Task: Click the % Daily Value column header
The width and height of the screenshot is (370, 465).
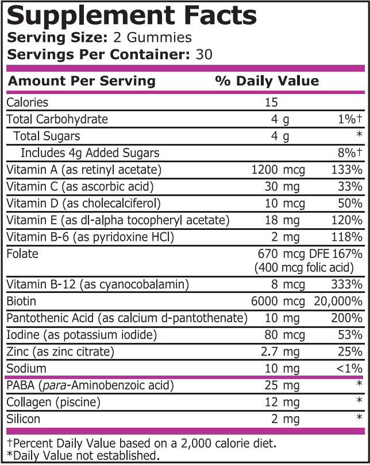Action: point(267,81)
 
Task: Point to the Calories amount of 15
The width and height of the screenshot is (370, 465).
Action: point(272,103)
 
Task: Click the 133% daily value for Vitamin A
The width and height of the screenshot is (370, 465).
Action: point(347,170)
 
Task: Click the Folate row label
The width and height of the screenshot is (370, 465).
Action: point(21,253)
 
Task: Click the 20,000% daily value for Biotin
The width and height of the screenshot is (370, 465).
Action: point(338,301)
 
